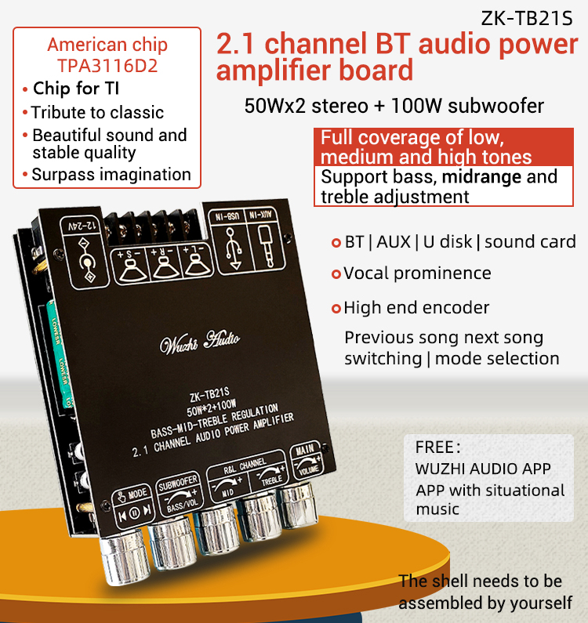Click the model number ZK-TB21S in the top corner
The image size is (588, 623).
526,18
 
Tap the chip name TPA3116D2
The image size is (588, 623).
107,66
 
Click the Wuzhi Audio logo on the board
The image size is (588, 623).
200,342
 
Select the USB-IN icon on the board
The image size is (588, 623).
233,248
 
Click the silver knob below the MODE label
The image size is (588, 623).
125,557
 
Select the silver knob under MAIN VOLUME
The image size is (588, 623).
298,505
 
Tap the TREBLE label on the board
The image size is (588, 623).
272,480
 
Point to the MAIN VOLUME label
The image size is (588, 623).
307,460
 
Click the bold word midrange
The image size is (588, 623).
481,177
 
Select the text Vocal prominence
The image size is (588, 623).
417,273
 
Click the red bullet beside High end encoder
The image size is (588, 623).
336,308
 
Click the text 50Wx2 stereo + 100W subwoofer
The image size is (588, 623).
394,106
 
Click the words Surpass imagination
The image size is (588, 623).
111,175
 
